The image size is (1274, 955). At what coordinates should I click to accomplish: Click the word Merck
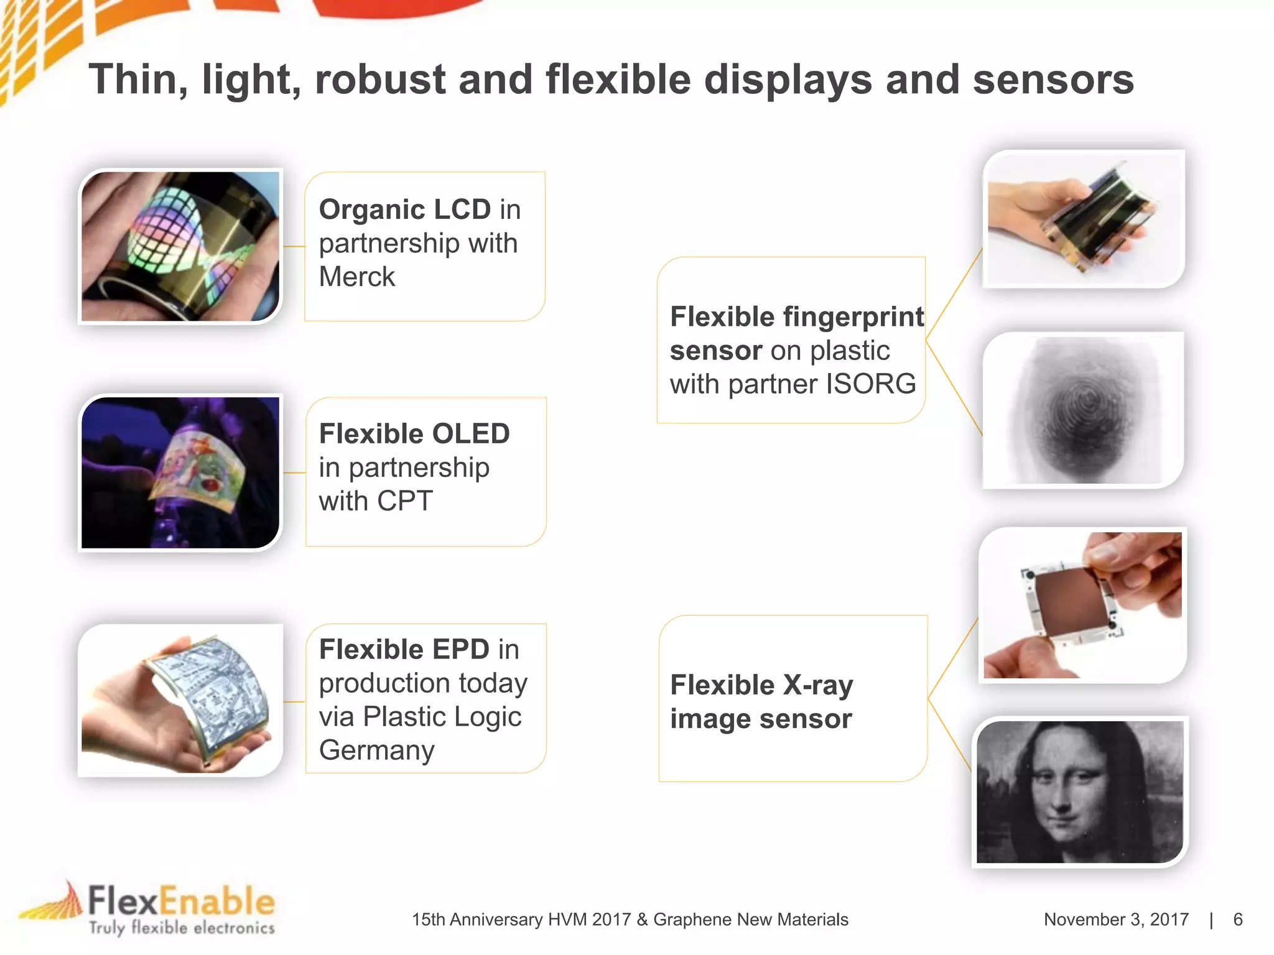pyautogui.click(x=356, y=277)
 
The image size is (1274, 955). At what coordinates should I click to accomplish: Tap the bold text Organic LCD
pyautogui.click(x=405, y=210)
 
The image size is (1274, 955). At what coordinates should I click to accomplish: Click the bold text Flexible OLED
pyautogui.click(x=414, y=434)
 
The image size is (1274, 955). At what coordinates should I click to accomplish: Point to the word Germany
pyautogui.click(x=376, y=750)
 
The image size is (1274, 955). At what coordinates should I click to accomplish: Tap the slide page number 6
pyautogui.click(x=1237, y=920)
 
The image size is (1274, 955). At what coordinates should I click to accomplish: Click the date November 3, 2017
pyautogui.click(x=1116, y=920)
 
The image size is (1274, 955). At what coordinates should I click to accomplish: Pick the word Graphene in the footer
pyautogui.click(x=691, y=920)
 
